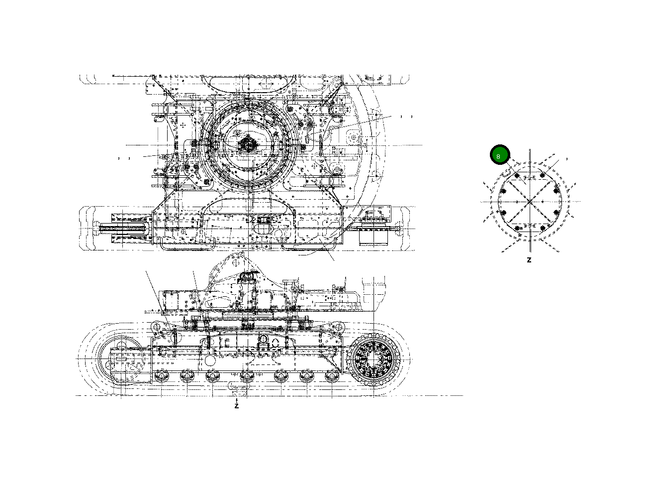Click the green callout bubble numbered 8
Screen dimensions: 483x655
tap(499, 155)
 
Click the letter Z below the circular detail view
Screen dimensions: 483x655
tap(529, 260)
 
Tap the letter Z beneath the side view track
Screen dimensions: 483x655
tap(237, 406)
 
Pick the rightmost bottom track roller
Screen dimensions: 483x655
tap(332, 376)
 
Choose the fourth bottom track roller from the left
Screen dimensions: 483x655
tap(247, 376)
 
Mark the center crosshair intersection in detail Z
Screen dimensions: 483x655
tap(530, 202)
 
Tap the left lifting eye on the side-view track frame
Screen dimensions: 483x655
tap(157, 327)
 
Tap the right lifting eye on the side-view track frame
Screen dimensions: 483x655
tap(340, 327)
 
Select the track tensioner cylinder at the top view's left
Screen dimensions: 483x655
tap(124, 230)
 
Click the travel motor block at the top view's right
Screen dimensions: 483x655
tap(373, 237)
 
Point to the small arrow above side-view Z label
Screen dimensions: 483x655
tap(237, 399)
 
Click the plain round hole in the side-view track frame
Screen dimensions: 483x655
tap(210, 360)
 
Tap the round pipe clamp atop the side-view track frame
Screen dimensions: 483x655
tap(263, 339)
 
